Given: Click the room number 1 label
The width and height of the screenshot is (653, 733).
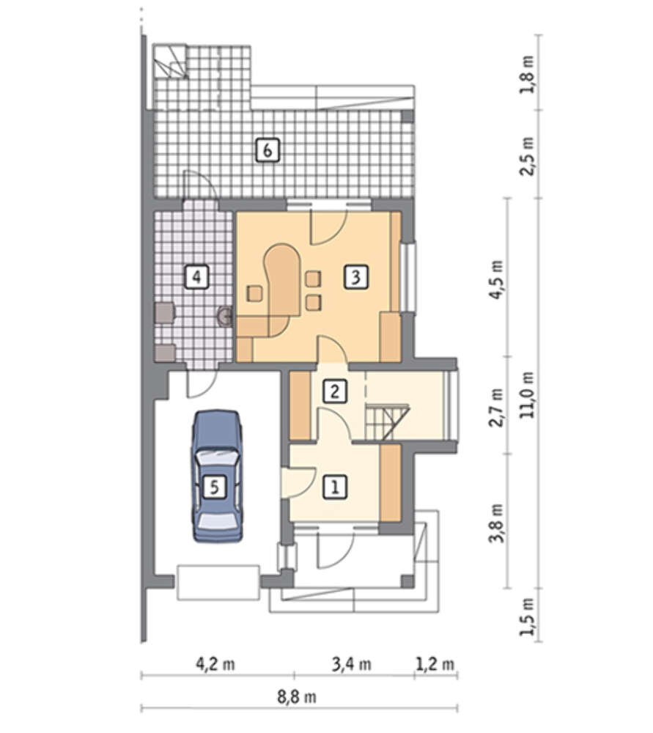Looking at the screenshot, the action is pos(335,487).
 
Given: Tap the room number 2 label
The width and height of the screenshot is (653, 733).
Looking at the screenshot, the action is pos(335,391).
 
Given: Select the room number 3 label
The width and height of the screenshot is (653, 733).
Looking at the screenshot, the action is pos(355,277).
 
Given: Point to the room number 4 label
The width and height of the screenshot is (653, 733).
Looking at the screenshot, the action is pos(197,277).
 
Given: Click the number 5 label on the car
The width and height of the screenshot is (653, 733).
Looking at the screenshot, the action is pos(215,487).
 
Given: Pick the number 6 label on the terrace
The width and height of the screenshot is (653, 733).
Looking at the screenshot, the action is pos(268,150).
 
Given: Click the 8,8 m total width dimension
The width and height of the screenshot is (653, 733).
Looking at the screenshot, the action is pos(297,697).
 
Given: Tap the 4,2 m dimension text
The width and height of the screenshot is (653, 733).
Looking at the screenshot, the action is pos(215,664).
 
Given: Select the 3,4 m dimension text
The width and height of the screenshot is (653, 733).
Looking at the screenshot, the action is pos(352,664).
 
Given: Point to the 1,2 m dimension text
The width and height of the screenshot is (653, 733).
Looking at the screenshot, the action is pos(435,664).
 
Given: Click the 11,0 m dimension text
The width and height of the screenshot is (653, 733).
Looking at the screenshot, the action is pos(528,396).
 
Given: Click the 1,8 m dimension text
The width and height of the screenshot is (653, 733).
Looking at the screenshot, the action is pos(528,75).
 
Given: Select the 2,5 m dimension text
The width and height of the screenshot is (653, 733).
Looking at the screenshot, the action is pos(528,156).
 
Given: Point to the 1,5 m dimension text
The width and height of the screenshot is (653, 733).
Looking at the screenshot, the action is pos(528,616).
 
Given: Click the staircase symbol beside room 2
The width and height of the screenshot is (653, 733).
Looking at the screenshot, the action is pos(388,423).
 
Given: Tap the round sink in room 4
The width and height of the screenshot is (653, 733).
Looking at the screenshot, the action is pos(226,317).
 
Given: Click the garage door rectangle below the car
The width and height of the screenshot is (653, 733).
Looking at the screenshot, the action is pos(218,582).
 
